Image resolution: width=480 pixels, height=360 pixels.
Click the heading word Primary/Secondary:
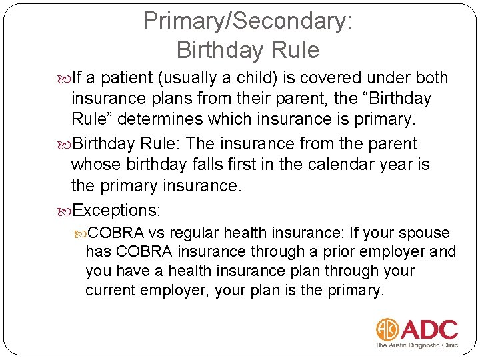click(247, 21)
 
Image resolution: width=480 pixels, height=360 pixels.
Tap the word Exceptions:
click(116, 211)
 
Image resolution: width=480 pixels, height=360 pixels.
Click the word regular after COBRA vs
click(195, 233)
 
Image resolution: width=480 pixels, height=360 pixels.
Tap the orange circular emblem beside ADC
click(387, 329)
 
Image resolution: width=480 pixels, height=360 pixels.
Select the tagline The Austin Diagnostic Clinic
click(417, 345)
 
